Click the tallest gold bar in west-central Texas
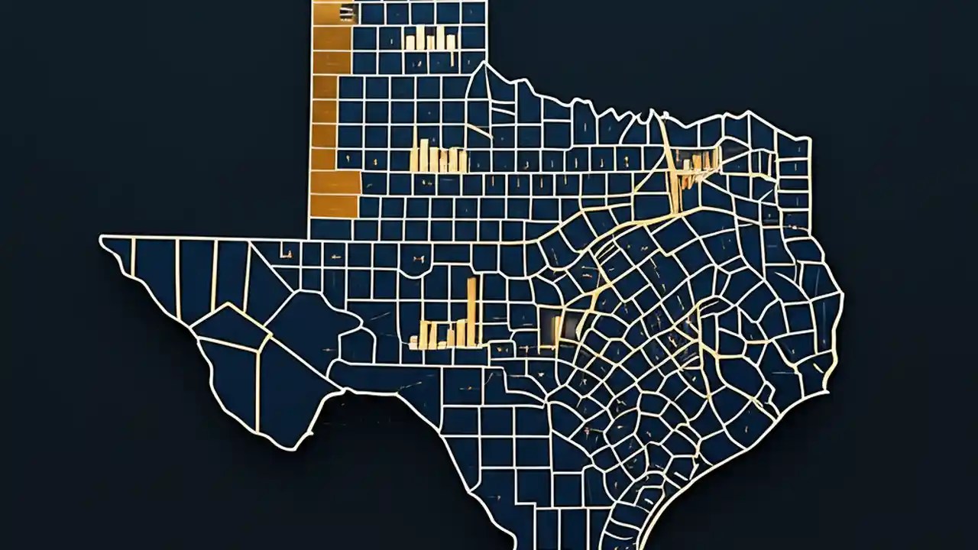471,309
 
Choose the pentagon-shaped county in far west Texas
229,325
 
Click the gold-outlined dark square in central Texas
551,324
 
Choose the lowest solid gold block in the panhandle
335,205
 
